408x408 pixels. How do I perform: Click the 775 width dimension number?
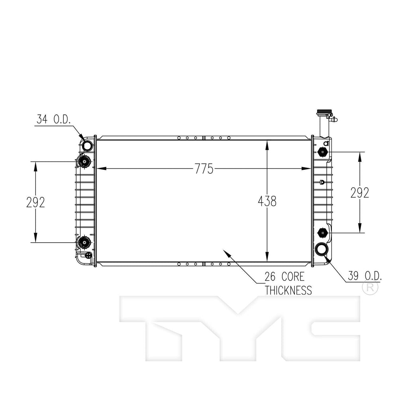coord(204,169)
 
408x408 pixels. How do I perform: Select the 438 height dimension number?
coord(267,201)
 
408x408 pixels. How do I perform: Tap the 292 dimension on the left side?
coord(35,202)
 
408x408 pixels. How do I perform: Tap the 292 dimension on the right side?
coord(360,192)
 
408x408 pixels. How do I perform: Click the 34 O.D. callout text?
coord(53,119)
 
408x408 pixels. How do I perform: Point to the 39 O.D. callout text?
coord(365,275)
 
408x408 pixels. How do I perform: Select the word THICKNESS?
coord(288,290)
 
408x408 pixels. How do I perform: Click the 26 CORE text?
coord(284,277)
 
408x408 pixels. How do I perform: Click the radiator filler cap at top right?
coord(321,112)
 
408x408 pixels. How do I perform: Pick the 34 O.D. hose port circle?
coord(87,146)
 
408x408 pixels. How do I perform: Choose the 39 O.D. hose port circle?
coord(322,250)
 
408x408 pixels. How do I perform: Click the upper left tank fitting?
coord(84,161)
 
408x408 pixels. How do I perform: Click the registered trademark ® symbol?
coord(370,287)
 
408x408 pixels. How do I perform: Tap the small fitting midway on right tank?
coord(322,182)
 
